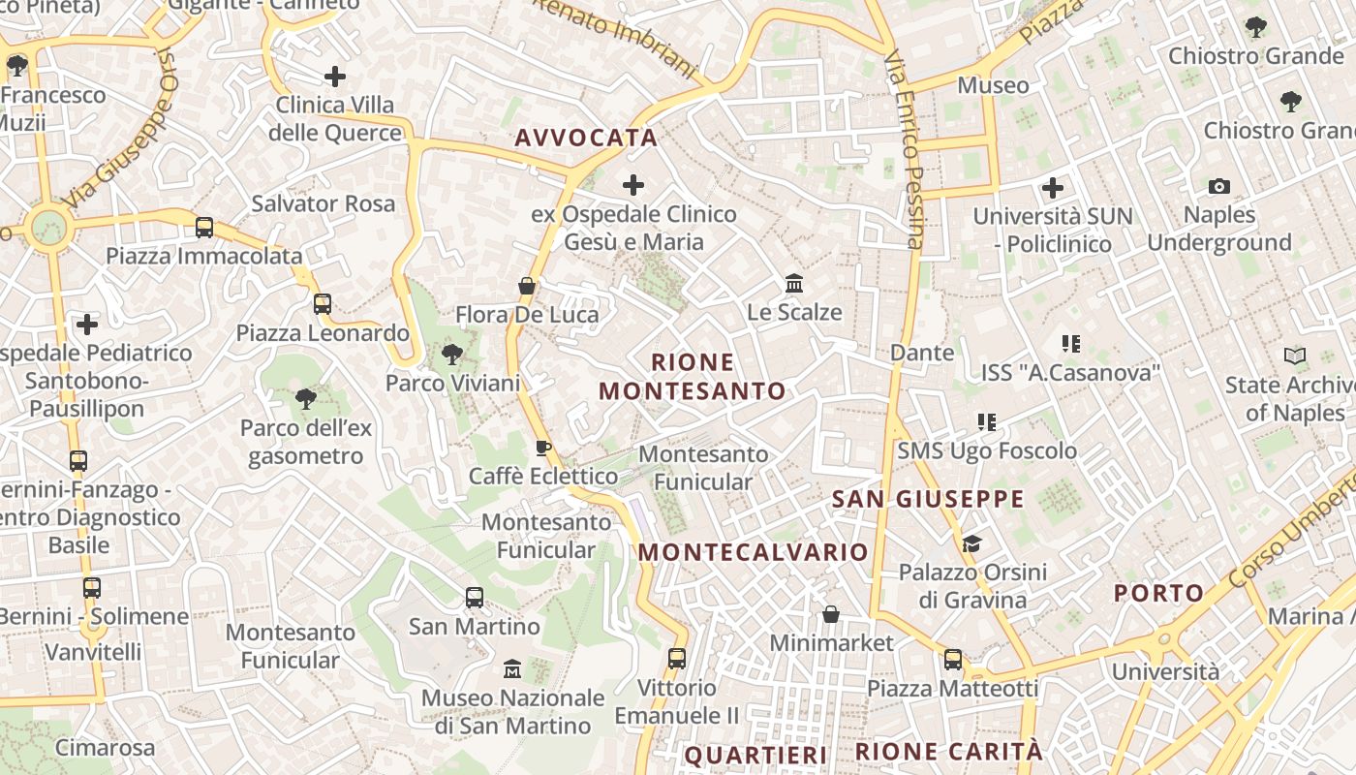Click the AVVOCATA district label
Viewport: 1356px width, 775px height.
pyautogui.click(x=586, y=138)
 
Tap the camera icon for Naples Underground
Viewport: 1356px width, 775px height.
pyautogui.click(x=1219, y=186)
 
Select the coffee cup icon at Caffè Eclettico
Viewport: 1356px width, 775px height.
pyautogui.click(x=543, y=448)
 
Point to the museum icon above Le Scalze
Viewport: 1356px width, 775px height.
pyautogui.click(x=794, y=284)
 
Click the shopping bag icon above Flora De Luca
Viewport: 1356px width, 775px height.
pyautogui.click(x=527, y=286)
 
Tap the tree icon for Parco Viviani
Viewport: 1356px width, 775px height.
pyautogui.click(x=451, y=355)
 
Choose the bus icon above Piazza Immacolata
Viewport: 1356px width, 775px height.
pyautogui.click(x=204, y=228)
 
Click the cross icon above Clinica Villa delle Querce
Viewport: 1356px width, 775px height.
pyautogui.click(x=335, y=76)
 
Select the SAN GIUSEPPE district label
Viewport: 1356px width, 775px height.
pyautogui.click(x=928, y=499)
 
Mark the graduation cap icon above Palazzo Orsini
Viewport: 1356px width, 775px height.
pyautogui.click(x=971, y=543)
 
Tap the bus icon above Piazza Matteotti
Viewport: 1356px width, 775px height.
pyautogui.click(x=953, y=660)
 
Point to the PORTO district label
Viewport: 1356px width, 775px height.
pyautogui.click(x=1158, y=593)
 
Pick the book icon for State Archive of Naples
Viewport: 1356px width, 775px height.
pyautogui.click(x=1295, y=356)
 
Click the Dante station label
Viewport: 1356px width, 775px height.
pyautogui.click(x=922, y=353)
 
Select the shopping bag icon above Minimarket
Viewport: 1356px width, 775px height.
pyautogui.click(x=831, y=614)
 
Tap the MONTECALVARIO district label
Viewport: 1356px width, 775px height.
pyautogui.click(x=754, y=552)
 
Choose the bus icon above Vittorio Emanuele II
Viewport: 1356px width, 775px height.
pyautogui.click(x=677, y=659)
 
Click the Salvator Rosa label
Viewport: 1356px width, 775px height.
pyautogui.click(x=324, y=203)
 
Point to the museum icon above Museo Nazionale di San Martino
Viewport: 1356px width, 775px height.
pyautogui.click(x=512, y=669)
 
